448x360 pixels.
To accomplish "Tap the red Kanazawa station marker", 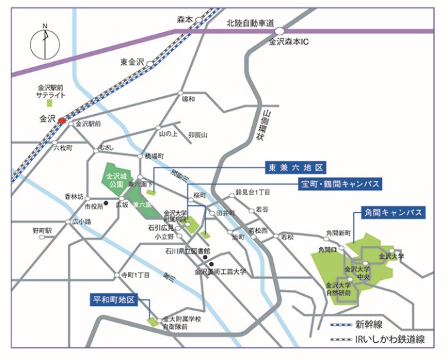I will point(62,121).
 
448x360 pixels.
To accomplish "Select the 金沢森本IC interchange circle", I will point(281,31).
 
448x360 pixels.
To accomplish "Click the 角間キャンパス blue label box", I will point(393,213).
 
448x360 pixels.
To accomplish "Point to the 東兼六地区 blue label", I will point(295,167).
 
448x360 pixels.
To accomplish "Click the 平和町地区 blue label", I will point(114,300).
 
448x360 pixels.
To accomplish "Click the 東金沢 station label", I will point(132,62).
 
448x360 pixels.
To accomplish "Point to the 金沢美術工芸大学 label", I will point(220,271).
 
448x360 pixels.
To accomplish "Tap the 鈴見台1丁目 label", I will point(253,192).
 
